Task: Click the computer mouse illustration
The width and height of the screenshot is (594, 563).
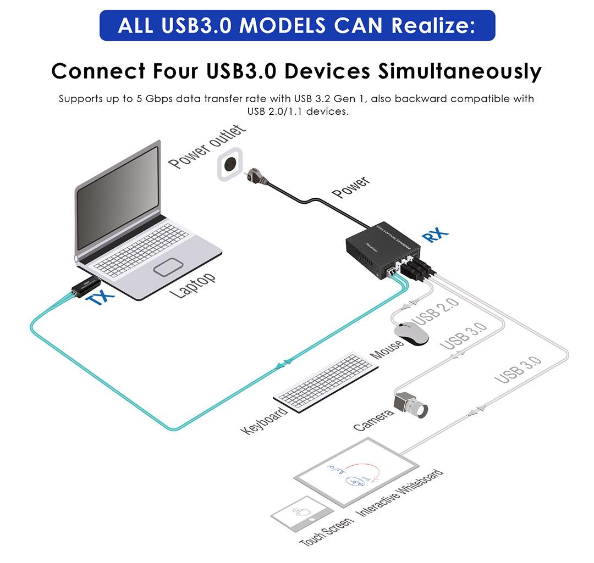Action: click(x=411, y=333)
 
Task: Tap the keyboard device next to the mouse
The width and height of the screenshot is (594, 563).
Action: click(x=326, y=381)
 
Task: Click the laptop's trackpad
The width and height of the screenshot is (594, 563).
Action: click(x=169, y=267)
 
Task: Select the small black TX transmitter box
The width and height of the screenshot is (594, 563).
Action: click(x=86, y=286)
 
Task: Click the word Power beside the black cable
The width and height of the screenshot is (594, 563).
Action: click(x=351, y=187)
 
